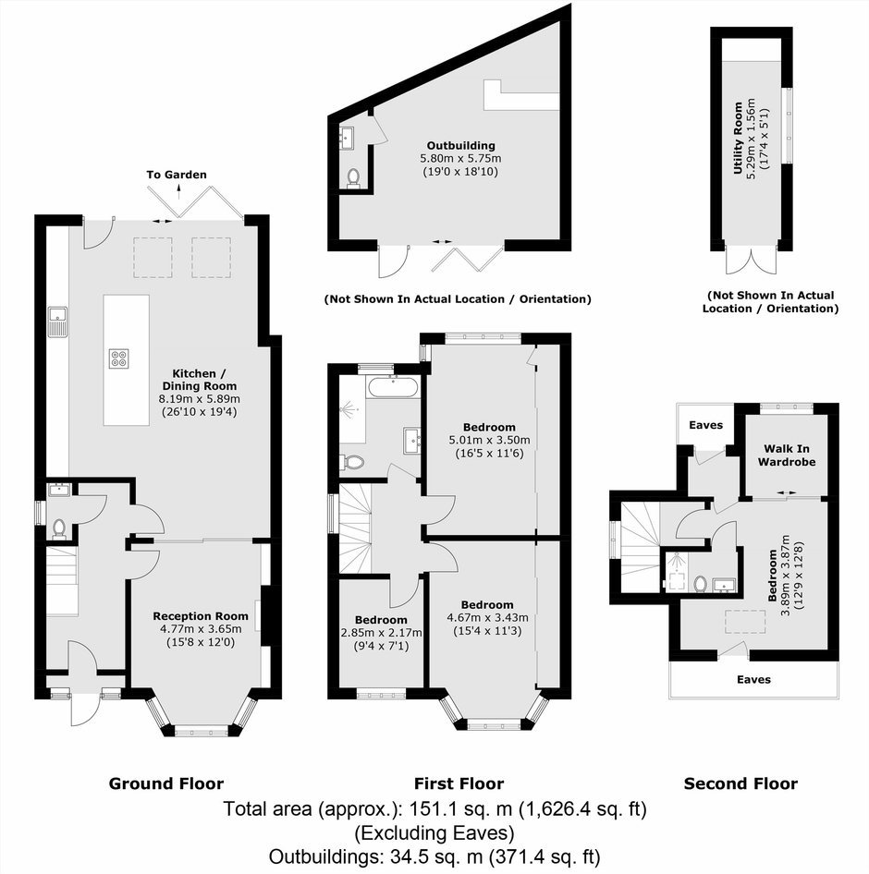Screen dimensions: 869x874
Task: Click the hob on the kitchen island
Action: [x=119, y=358]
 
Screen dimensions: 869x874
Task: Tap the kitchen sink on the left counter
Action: [x=57, y=322]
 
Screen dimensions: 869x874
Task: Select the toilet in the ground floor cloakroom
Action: [x=58, y=529]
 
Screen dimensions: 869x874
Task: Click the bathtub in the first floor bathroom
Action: [x=393, y=387]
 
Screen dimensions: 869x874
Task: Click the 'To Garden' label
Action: [x=177, y=175]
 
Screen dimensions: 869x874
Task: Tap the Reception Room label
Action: [x=201, y=616]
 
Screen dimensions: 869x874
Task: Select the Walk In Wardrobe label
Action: [x=787, y=455]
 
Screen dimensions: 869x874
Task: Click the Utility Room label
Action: [x=738, y=138]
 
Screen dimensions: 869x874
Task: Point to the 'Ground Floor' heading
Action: [x=166, y=783]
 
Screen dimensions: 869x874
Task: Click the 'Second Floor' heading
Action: [x=740, y=783]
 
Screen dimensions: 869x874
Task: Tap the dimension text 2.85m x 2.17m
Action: [x=382, y=633]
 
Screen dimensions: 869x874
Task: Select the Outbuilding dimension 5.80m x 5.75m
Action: [x=460, y=158]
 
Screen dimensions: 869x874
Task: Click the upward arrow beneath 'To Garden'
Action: [x=179, y=192]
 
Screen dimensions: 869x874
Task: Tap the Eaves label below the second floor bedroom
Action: [x=753, y=679]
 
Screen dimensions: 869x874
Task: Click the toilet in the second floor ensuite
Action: [x=701, y=584]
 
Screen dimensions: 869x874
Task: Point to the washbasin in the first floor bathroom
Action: [x=411, y=439]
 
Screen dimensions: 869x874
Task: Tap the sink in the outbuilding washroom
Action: [x=347, y=138]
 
